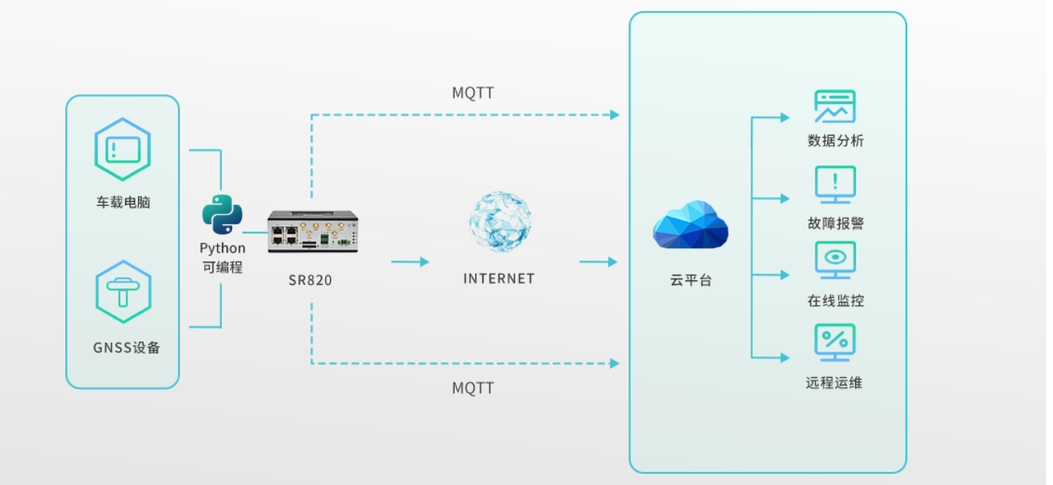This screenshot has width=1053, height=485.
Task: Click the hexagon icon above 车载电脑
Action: click(x=123, y=149)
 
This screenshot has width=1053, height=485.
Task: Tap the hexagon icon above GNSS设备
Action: click(x=123, y=292)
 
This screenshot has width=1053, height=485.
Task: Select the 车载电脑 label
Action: click(x=123, y=203)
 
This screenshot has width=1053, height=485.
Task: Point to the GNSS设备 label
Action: click(x=126, y=348)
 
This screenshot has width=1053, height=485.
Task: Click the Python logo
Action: click(x=223, y=215)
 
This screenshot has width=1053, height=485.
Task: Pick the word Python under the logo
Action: click(x=223, y=248)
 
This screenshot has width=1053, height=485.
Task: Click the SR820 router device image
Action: click(x=312, y=231)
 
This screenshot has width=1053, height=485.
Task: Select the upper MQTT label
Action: click(x=473, y=93)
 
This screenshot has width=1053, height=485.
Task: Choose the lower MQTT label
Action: click(x=473, y=388)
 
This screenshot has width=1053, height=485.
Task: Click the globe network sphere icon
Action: click(x=500, y=222)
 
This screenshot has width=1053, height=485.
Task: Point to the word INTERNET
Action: click(x=499, y=279)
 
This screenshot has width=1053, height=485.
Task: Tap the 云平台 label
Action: click(x=690, y=281)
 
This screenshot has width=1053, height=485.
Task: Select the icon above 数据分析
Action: click(x=835, y=107)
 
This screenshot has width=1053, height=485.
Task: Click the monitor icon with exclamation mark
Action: click(x=835, y=185)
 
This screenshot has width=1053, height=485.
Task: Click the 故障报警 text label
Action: click(x=836, y=223)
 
